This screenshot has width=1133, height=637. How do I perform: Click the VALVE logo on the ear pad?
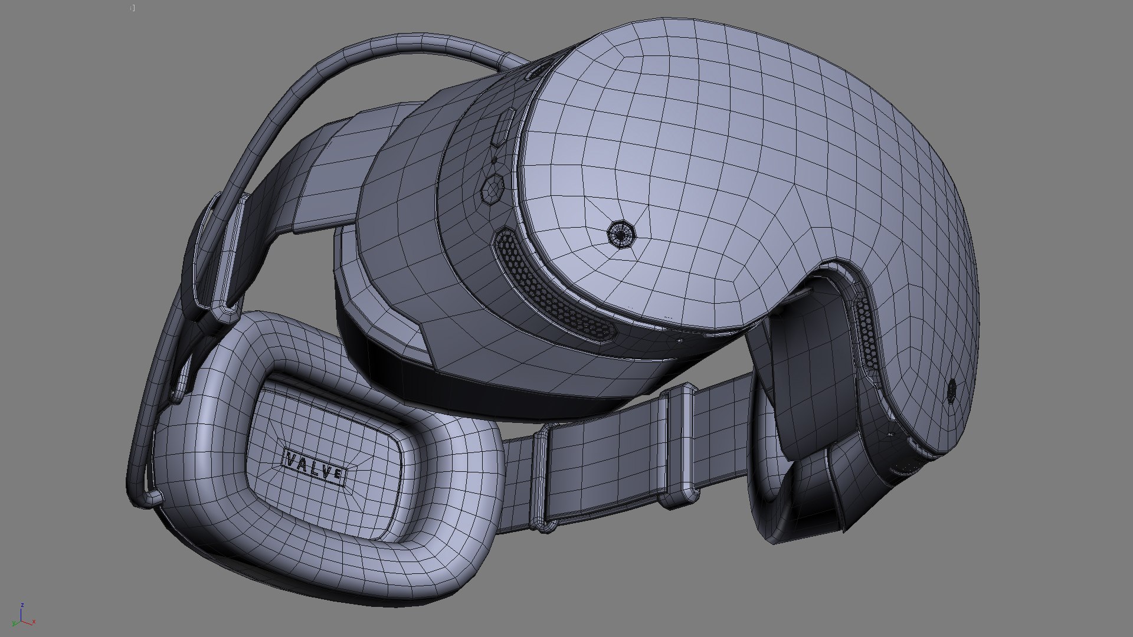click(315, 466)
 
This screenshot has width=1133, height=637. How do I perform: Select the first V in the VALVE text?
click(291, 458)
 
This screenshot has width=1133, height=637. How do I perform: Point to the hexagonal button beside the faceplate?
click(492, 189)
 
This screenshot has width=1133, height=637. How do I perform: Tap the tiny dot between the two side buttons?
click(495, 159)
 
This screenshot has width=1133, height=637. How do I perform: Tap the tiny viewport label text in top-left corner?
click(133, 8)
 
